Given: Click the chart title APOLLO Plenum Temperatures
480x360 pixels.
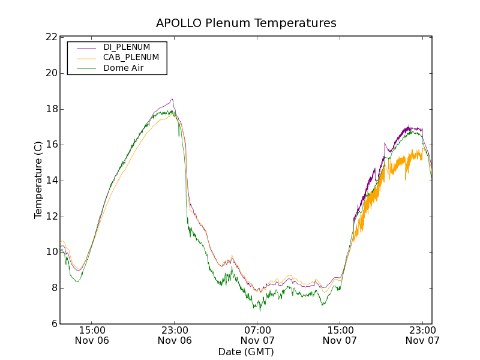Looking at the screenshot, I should click(246, 23).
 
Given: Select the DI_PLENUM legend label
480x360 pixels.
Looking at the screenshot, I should click(127, 47).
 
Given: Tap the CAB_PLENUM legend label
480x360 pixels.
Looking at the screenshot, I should click(131, 58).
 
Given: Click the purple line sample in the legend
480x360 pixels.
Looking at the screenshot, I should click(87, 47).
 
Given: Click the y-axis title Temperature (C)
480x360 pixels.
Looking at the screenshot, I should click(38, 180).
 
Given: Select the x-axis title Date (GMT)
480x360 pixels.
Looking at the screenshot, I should click(246, 352).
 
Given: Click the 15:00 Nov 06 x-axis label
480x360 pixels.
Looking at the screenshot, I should click(92, 335).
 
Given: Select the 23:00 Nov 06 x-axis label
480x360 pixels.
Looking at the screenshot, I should click(175, 335).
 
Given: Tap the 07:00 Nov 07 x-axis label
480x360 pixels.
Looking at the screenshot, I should click(257, 335).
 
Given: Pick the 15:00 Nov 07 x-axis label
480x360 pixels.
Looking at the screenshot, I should click(340, 335).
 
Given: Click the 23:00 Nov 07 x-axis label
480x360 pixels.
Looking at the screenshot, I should click(422, 335).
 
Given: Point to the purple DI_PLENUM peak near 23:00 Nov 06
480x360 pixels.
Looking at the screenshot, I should click(172, 100).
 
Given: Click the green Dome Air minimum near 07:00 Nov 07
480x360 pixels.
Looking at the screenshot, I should click(260, 310).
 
